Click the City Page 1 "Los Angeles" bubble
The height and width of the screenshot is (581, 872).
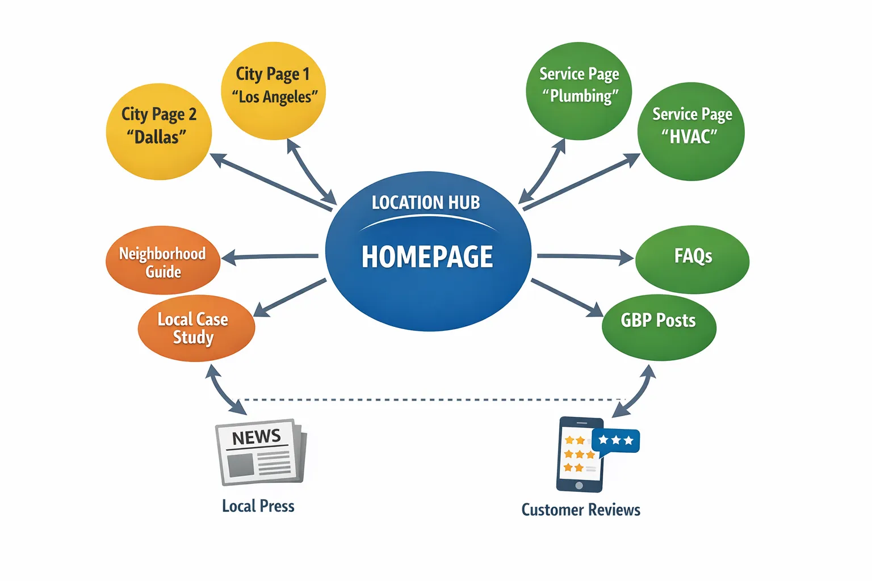click(273, 91)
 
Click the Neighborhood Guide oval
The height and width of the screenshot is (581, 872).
click(163, 260)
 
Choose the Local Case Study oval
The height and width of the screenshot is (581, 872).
click(196, 328)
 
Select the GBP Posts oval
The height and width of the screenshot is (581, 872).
click(659, 327)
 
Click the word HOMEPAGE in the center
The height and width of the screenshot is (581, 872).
click(427, 257)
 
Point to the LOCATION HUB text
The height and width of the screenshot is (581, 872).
click(426, 203)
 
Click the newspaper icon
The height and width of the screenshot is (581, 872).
click(261, 452)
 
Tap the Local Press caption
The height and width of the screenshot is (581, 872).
click(258, 506)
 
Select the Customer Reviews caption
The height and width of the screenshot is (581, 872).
click(581, 510)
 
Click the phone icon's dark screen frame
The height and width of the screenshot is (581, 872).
click(578, 485)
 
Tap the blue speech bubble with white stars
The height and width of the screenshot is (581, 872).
click(616, 441)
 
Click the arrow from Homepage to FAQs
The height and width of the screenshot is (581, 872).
click(585, 257)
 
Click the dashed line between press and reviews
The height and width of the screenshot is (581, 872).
click(431, 400)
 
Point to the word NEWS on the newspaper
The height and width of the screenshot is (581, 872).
click(257, 437)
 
